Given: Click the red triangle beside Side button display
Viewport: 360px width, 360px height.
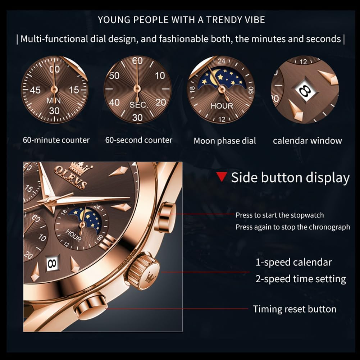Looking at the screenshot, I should pos(222,177).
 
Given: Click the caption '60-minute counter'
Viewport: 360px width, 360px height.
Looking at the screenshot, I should pos(56,140).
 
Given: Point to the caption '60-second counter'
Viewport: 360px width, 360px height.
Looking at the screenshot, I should pos(139,140).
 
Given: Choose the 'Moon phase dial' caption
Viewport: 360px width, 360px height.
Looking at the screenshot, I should pos(225,141).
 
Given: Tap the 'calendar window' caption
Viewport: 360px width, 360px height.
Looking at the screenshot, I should pos(307,140).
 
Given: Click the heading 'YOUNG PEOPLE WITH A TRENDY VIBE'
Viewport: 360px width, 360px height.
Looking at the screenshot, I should pos(181,20).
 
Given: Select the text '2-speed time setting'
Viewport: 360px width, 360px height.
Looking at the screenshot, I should pos(301,279).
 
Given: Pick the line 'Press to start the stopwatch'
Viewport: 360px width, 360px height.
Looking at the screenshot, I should pos(279,215).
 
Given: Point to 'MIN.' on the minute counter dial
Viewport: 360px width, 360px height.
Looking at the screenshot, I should pos(54,101).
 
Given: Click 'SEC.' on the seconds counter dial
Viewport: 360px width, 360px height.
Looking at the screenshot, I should pos(138,105).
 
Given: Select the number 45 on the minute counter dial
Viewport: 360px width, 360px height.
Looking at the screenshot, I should pos(35,90).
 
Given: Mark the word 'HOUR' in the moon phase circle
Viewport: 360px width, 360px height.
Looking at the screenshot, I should pos(222,106).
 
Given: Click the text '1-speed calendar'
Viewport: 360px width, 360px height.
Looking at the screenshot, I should pos(293,262).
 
